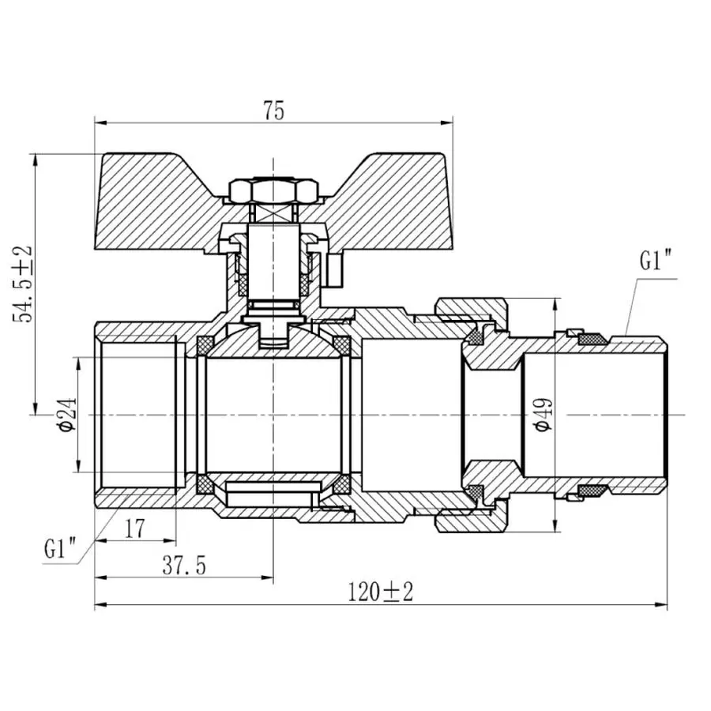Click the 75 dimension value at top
pyautogui.click(x=274, y=111)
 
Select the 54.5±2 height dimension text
pyautogui.click(x=24, y=283)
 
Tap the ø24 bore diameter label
pyautogui.click(x=66, y=414)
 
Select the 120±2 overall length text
pyautogui.click(x=382, y=592)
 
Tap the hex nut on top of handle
pyautogui.click(x=273, y=190)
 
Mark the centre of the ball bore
pyautogui.click(x=273, y=414)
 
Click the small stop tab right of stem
pyautogui.click(x=337, y=269)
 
